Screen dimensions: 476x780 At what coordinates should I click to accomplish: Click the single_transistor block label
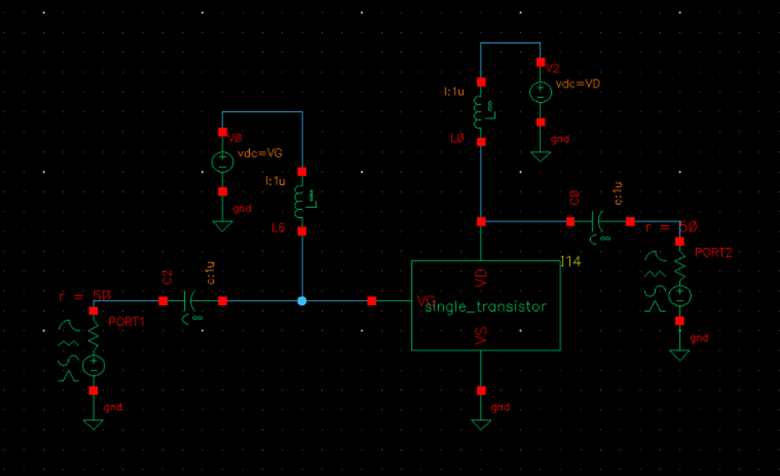(485, 307)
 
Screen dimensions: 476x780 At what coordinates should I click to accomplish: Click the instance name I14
(570, 261)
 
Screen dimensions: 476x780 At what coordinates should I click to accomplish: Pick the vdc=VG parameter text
(260, 154)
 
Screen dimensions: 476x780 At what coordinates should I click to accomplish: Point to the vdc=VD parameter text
(579, 84)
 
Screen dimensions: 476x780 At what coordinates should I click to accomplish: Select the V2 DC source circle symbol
(540, 92)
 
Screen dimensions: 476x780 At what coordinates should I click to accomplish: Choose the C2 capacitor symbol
(192, 301)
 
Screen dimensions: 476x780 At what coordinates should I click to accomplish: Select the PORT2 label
(713, 252)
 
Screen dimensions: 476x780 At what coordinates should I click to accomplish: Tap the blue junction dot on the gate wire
(302, 301)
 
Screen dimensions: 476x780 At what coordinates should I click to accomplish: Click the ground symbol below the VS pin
(481, 424)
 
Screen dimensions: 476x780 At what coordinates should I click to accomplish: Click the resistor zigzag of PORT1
(93, 335)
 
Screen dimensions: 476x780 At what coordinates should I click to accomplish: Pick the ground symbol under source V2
(540, 155)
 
